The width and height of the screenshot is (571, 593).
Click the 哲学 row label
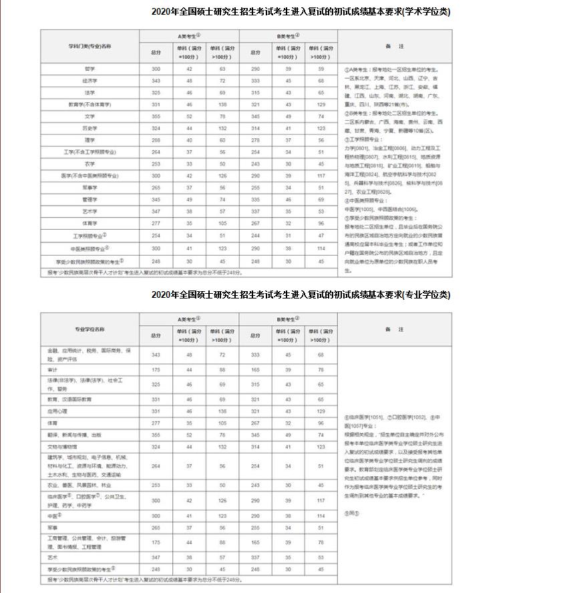click(x=90, y=69)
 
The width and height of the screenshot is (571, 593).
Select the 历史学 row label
click(x=90, y=128)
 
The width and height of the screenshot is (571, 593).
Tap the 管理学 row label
click(x=90, y=199)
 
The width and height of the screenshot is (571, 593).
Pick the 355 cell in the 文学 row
click(x=156, y=116)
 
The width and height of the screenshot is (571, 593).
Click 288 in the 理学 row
click(x=156, y=140)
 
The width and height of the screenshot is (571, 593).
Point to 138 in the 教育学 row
click(x=222, y=104)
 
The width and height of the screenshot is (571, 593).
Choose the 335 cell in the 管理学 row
click(x=255, y=199)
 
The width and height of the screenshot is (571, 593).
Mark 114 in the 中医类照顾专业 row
click(x=321, y=248)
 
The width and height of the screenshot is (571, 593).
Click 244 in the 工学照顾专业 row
click(x=255, y=235)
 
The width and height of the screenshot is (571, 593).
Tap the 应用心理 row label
click(x=59, y=411)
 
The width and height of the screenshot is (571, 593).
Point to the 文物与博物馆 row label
click(x=63, y=446)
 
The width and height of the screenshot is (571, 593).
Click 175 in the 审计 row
click(x=156, y=369)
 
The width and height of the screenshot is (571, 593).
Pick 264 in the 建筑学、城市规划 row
click(x=156, y=466)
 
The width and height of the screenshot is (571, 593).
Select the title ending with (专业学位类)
click(x=301, y=295)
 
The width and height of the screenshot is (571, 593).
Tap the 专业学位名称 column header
click(x=90, y=329)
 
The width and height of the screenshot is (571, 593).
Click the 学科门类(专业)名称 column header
click(x=90, y=46)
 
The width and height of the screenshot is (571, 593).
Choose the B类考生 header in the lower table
click(x=288, y=319)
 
